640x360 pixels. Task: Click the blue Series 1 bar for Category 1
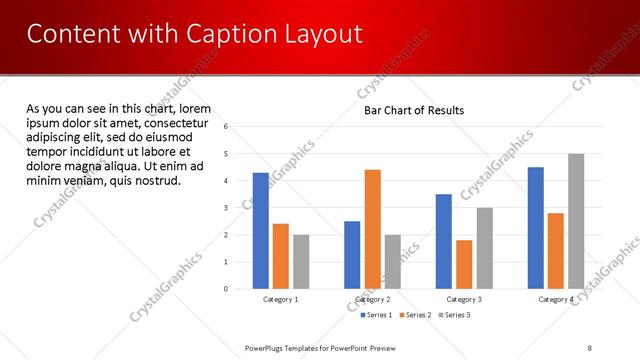click(x=260, y=230)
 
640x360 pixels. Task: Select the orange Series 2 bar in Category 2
click(x=372, y=229)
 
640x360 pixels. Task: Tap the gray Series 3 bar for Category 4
click(x=575, y=221)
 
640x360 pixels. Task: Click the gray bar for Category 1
click(x=301, y=262)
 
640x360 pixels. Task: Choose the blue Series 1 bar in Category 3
click(x=444, y=241)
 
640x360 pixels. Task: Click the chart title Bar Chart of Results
click(x=413, y=110)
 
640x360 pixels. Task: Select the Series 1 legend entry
click(x=377, y=315)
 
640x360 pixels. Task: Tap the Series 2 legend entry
click(x=415, y=315)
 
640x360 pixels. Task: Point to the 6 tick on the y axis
click(x=226, y=127)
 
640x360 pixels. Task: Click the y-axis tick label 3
click(x=226, y=208)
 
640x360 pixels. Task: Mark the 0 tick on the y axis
click(x=226, y=289)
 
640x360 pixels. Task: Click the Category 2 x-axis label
click(x=372, y=299)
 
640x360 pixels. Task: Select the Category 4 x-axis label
click(x=555, y=299)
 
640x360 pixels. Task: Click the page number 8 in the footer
click(x=590, y=347)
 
